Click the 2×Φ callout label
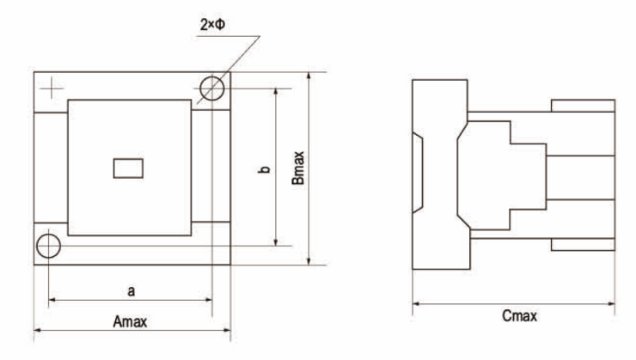pyautogui.click(x=212, y=25)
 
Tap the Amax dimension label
pyautogui.click(x=130, y=322)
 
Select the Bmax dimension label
pyautogui.click(x=298, y=168)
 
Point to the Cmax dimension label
pyautogui.click(x=520, y=316)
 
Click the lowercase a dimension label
pyautogui.click(x=131, y=291)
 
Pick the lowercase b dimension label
pyautogui.click(x=264, y=169)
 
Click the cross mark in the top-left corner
pyautogui.click(x=52, y=88)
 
